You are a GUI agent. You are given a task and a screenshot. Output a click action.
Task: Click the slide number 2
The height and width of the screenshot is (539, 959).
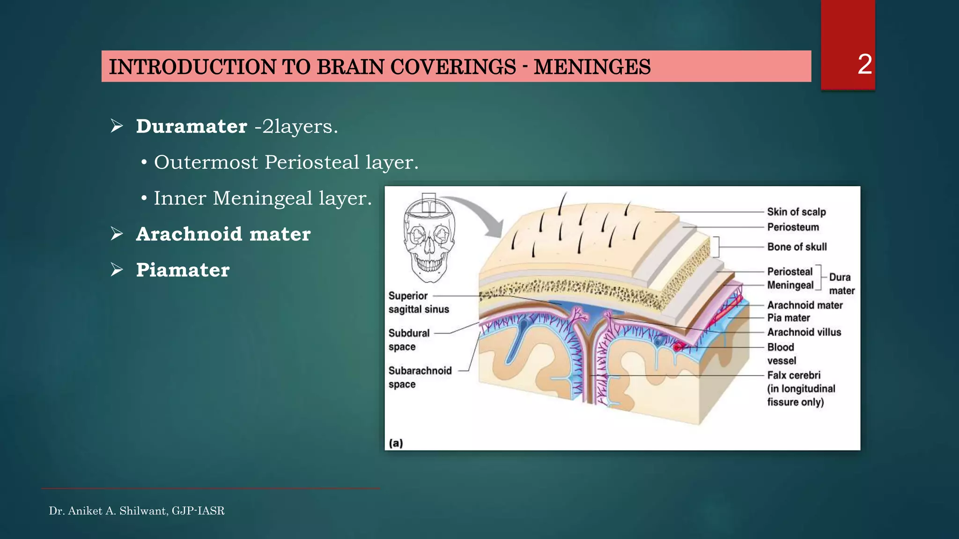click(x=864, y=65)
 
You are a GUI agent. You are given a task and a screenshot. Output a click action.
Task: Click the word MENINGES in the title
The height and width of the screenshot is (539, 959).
click(x=592, y=67)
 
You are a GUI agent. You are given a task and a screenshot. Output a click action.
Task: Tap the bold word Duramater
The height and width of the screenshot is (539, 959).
click(x=192, y=126)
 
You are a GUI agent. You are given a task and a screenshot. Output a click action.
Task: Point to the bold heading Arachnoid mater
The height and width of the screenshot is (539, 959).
click(x=223, y=234)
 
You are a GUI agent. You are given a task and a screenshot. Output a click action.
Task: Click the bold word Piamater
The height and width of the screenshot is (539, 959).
click(x=183, y=270)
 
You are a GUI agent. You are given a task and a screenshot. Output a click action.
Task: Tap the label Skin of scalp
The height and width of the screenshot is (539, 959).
click(x=796, y=212)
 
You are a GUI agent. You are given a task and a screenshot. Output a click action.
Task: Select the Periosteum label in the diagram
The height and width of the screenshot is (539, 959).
click(x=793, y=227)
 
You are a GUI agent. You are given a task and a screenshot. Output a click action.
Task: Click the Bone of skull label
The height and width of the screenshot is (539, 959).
click(x=797, y=247)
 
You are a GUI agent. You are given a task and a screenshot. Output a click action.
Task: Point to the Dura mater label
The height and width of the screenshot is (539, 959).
click(x=841, y=284)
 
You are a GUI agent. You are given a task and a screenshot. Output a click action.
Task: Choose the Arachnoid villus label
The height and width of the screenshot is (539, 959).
click(x=804, y=332)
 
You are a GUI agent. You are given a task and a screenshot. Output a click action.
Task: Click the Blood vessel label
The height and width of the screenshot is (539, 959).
click(x=781, y=354)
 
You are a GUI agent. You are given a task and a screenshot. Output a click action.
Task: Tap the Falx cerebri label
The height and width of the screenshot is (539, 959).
click(x=794, y=375)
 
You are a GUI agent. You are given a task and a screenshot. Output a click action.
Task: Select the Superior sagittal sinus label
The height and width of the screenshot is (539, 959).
click(x=418, y=303)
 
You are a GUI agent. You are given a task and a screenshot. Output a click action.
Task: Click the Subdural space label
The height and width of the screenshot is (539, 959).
click(x=408, y=340)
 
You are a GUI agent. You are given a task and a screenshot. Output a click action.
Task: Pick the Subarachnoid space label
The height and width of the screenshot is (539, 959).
click(x=420, y=377)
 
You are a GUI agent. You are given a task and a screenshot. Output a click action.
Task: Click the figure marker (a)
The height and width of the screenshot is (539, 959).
click(x=396, y=443)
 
